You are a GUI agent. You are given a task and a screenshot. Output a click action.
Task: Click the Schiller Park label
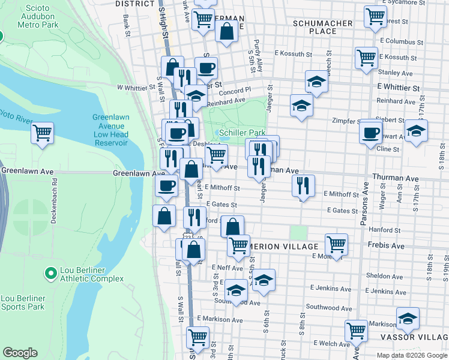click(243, 132)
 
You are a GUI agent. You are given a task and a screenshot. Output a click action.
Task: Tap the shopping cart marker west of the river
click(42, 133)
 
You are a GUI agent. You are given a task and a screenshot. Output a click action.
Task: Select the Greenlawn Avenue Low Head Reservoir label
click(110, 130)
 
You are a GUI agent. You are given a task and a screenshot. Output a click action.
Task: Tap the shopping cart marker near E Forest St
click(376, 17)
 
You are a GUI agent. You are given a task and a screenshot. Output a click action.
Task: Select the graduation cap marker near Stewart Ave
click(416, 131)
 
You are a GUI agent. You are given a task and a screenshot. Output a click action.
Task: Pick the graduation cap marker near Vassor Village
click(408, 319)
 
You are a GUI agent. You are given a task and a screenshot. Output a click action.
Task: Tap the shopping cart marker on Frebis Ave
click(336, 244)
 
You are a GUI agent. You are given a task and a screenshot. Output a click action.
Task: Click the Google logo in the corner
click(20, 353)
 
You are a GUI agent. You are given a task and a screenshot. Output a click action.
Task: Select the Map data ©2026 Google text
click(412, 355)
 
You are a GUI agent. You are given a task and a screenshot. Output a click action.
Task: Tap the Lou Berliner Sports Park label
click(23, 302)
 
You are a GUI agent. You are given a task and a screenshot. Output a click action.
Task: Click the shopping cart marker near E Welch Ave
click(357, 331)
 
